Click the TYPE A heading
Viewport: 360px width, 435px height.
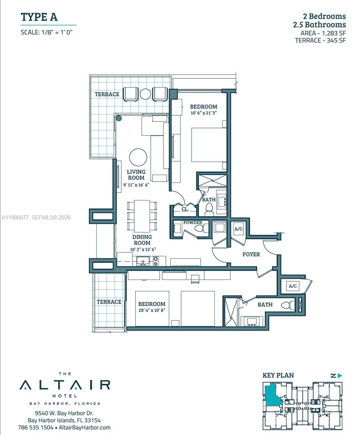click(x=39, y=17)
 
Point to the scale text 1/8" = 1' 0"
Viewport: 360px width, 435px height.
click(x=47, y=32)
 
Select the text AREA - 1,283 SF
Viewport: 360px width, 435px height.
click(x=323, y=33)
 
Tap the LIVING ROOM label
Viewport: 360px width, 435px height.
click(x=136, y=175)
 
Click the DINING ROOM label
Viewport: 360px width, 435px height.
click(x=142, y=240)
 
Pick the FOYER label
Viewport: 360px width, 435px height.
click(x=251, y=254)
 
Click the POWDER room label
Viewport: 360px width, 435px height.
click(x=193, y=223)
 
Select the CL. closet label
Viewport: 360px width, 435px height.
click(x=185, y=209)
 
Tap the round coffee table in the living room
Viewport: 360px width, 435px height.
click(x=138, y=157)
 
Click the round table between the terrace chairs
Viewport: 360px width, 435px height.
click(x=145, y=94)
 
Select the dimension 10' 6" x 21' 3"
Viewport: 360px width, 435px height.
click(x=204, y=113)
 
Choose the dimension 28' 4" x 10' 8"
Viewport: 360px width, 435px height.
click(x=151, y=311)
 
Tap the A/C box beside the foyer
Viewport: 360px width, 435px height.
click(x=238, y=229)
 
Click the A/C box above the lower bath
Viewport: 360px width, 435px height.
click(x=293, y=286)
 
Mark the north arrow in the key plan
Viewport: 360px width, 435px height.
click(x=336, y=376)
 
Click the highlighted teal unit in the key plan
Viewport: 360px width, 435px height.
click(x=272, y=396)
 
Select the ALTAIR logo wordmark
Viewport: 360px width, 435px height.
click(x=65, y=385)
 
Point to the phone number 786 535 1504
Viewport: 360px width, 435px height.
click(x=35, y=427)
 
